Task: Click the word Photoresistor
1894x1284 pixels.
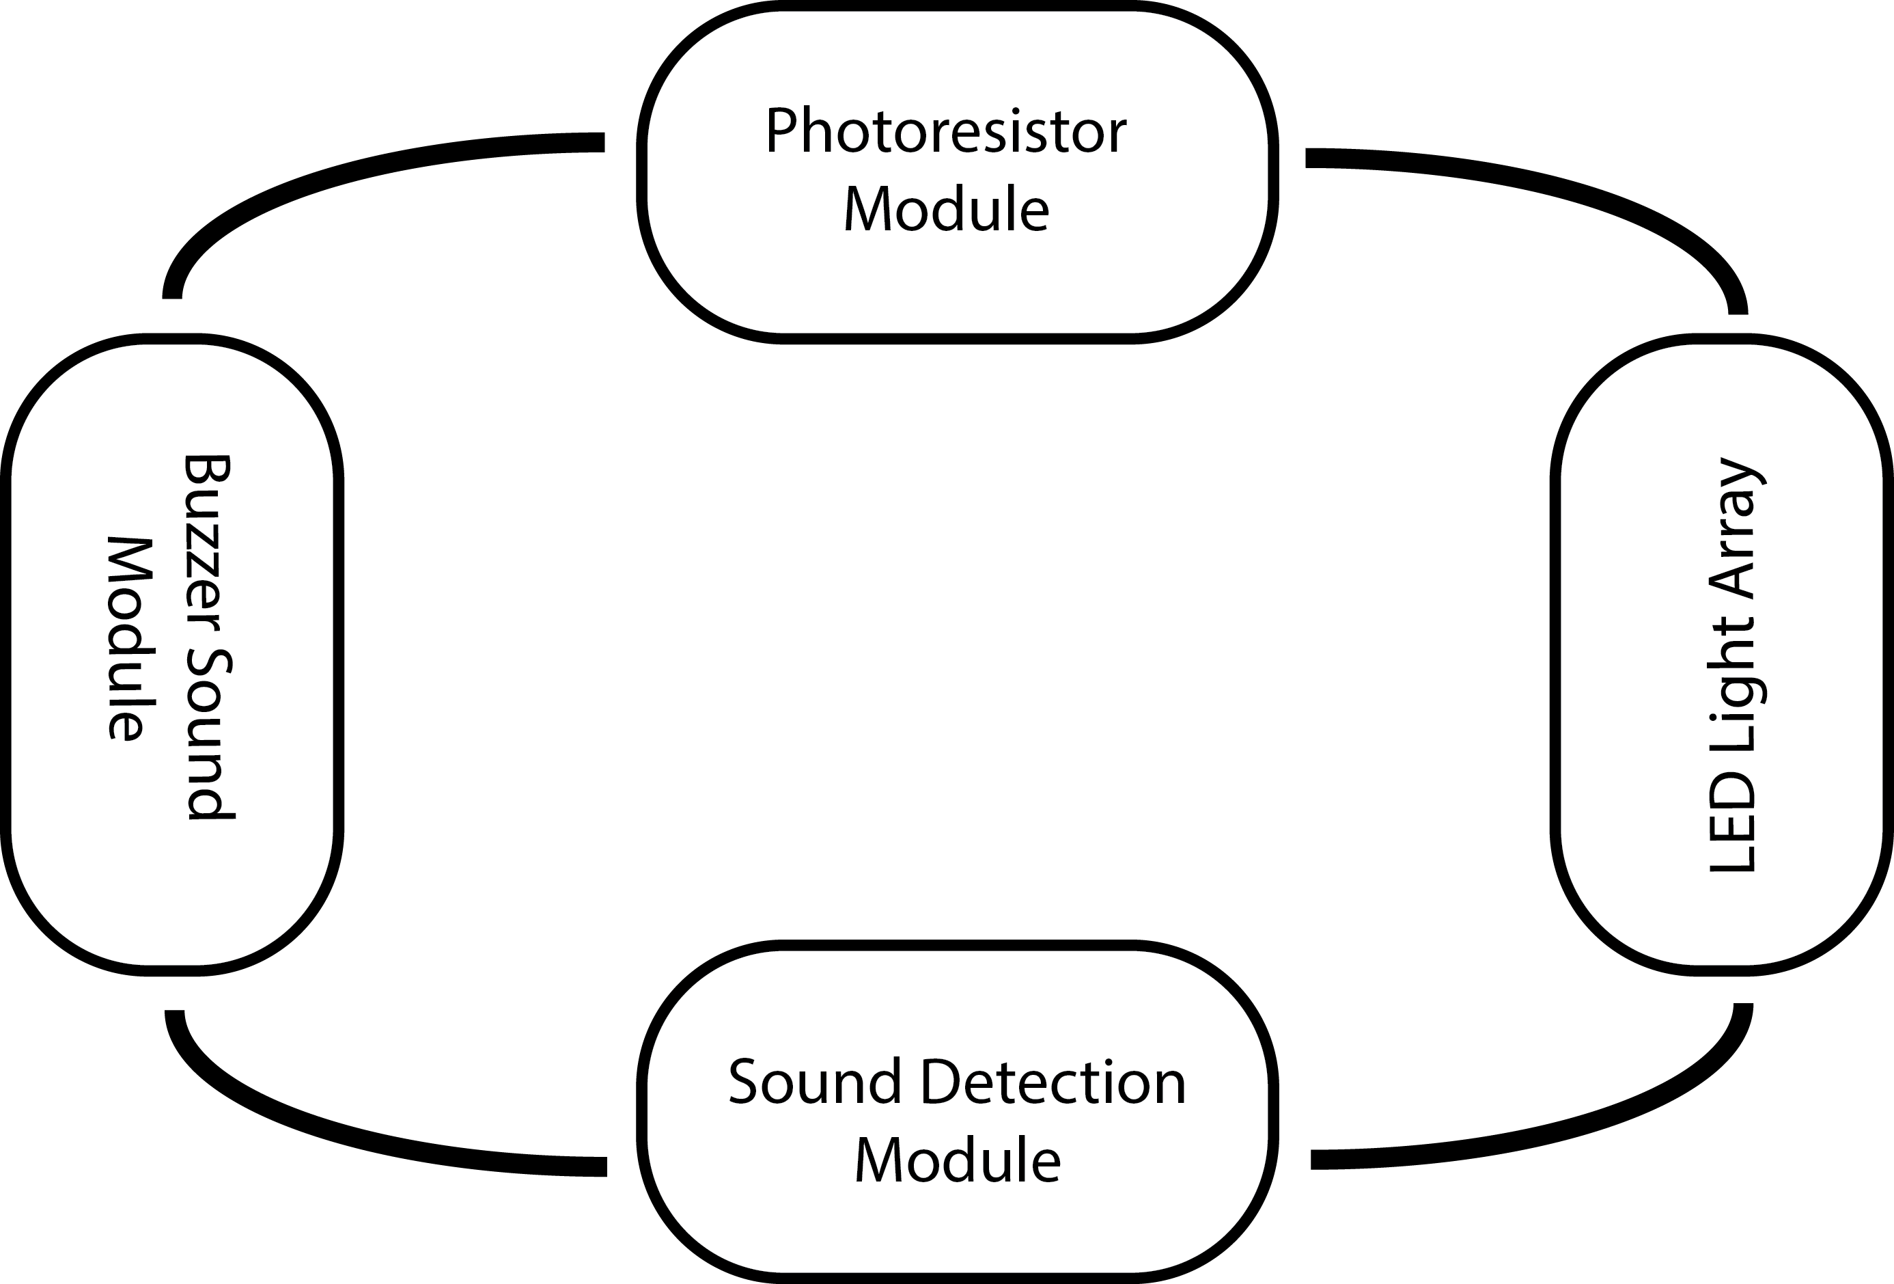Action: (945, 132)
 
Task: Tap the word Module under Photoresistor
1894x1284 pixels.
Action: (945, 210)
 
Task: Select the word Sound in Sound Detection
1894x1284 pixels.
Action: (814, 1082)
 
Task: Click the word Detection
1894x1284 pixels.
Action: (1053, 1082)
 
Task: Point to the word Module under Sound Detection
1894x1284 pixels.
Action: (957, 1160)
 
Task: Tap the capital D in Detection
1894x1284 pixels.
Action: (940, 1082)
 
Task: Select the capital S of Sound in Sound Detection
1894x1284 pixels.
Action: (744, 1082)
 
